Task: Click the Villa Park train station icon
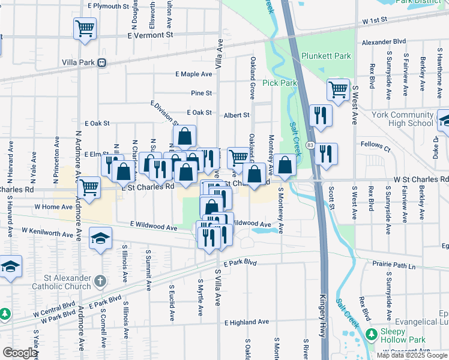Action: (102, 62)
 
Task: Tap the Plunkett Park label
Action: (326, 56)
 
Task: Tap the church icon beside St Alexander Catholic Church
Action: (101, 280)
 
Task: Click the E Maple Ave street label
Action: (194, 74)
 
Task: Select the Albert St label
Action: (237, 115)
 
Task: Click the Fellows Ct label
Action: (375, 145)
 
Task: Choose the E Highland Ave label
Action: (247, 322)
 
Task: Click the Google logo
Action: (20, 353)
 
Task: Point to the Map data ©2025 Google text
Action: (411, 355)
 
